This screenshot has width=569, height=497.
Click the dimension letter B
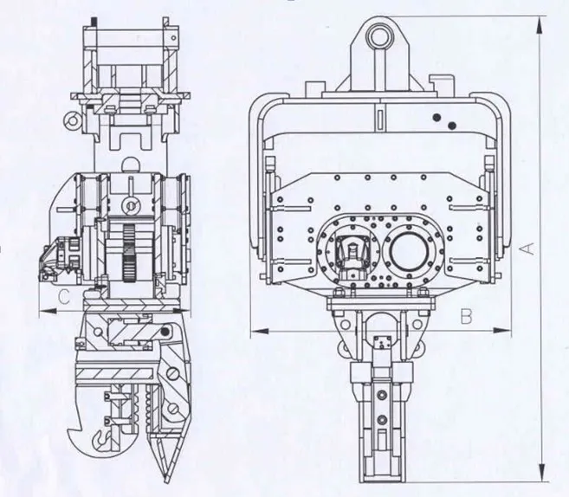[x=465, y=316]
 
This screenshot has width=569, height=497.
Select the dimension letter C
[x=61, y=297]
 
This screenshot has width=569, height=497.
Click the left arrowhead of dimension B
[x=253, y=330]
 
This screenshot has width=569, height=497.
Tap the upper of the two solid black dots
[x=438, y=115]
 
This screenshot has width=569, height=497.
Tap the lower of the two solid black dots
[x=451, y=126]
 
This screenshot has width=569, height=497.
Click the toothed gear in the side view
[x=127, y=251]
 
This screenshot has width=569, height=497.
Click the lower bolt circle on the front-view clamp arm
[x=378, y=423]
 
